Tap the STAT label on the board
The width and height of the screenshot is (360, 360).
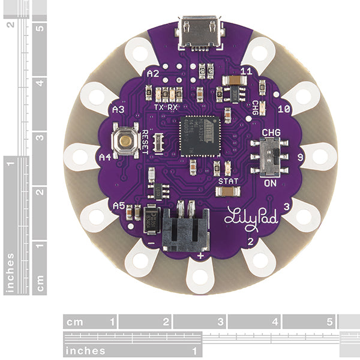(x=227, y=180)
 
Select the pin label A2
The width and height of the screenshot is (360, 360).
(x=152, y=73)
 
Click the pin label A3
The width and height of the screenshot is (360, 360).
(x=118, y=110)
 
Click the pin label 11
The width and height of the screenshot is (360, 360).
(x=245, y=71)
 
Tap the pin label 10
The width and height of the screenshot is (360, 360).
(x=284, y=109)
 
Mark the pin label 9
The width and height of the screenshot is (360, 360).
(x=300, y=157)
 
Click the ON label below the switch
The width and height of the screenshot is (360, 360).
(x=271, y=183)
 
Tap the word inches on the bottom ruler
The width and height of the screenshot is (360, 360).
(x=86, y=350)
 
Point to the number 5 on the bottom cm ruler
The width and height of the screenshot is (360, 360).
(x=330, y=322)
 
